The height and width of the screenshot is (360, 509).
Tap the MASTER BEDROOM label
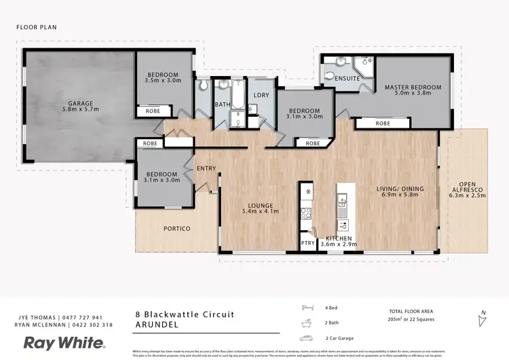413,88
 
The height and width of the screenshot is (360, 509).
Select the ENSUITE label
347,79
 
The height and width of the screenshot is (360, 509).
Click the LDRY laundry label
261,96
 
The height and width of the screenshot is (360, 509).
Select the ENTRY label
206,168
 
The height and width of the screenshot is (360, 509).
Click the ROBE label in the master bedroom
383,124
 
